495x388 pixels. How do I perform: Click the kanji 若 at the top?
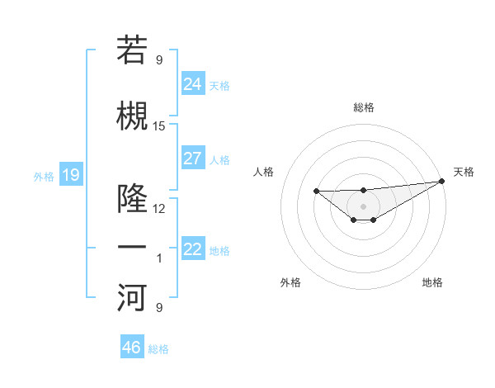(133, 50)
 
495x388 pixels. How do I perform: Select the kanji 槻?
(133, 116)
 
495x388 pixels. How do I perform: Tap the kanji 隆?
(133, 198)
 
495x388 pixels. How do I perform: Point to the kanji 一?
(133, 247)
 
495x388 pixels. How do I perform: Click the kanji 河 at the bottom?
(133, 298)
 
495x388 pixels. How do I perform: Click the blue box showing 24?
(193, 83)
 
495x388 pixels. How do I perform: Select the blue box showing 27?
(193, 159)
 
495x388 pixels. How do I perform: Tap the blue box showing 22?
(193, 249)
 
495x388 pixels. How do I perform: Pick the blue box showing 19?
(70, 175)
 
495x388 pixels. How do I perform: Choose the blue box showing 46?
(132, 348)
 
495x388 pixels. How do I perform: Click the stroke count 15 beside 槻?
(159, 126)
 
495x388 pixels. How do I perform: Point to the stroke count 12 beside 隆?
(159, 208)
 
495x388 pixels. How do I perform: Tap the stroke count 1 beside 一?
(159, 258)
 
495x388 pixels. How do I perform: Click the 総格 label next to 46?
(158, 349)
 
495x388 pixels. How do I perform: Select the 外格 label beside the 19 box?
(44, 176)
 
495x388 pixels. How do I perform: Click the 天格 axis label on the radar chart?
(464, 172)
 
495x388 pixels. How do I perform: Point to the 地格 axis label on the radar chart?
(432, 283)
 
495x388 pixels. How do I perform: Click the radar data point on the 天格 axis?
(443, 181)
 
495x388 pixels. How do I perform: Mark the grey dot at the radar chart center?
(363, 206)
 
